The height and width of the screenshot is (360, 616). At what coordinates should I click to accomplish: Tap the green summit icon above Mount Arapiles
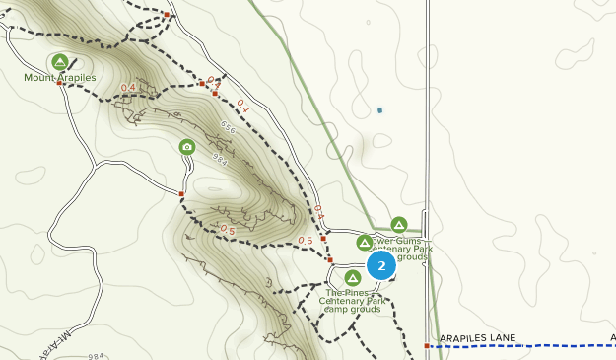click(x=60, y=61)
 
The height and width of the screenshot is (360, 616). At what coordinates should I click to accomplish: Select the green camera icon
click(x=187, y=147)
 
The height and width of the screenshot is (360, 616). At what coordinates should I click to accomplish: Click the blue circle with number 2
click(x=381, y=265)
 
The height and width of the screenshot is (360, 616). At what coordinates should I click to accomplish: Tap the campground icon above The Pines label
click(x=352, y=278)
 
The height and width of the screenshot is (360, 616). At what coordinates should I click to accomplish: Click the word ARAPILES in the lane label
click(x=464, y=338)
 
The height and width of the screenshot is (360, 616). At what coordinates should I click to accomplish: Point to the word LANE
click(x=504, y=338)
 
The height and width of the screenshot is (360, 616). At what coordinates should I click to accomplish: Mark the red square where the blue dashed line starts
click(x=427, y=346)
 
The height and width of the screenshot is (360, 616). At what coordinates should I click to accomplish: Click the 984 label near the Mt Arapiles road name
click(x=96, y=355)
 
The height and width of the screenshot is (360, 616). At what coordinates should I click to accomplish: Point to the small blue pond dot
click(x=379, y=109)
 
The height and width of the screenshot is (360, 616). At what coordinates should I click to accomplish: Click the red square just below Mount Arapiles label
click(x=60, y=84)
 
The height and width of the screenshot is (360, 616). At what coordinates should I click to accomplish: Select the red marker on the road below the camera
click(x=182, y=193)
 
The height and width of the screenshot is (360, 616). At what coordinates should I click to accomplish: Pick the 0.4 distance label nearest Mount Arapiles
click(x=128, y=88)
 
